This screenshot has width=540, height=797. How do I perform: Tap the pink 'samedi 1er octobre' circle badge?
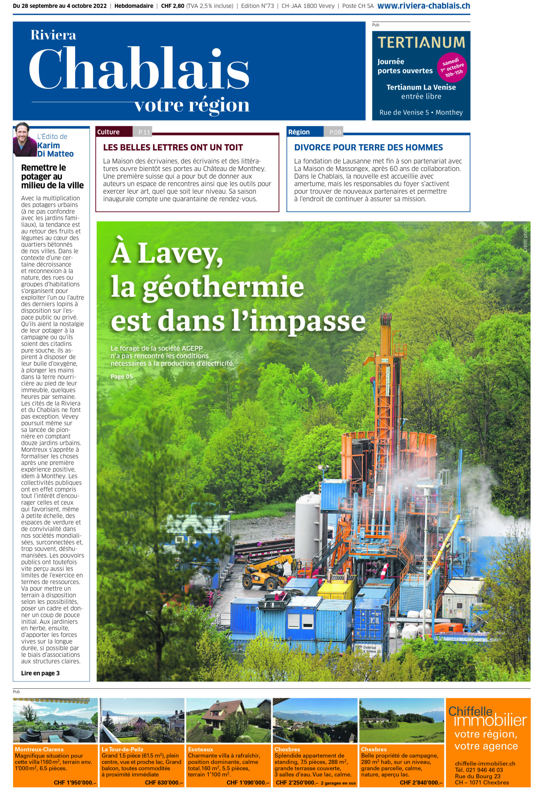(x=452, y=68)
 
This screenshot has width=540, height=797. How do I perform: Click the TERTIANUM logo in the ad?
(x=421, y=43)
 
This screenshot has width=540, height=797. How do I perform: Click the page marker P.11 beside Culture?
(x=144, y=132)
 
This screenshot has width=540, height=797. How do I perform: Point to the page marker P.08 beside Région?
(x=335, y=132)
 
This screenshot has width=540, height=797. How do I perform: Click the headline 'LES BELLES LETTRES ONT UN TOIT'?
(x=173, y=148)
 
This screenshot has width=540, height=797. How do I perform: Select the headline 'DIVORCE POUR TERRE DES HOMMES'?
(x=368, y=148)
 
